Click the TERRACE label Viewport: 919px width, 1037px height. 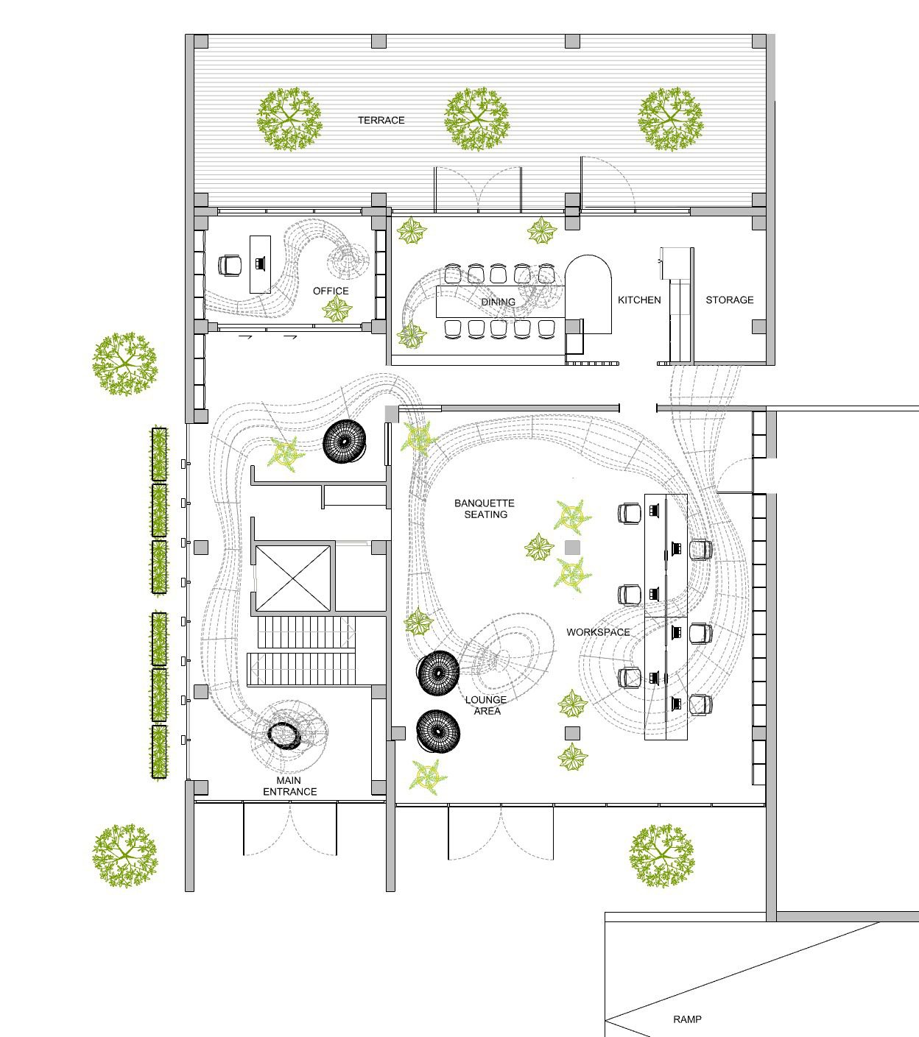pos(381,120)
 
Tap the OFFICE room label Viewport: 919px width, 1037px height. pos(331,291)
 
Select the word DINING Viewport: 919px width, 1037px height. pos(498,302)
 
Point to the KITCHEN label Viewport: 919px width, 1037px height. pos(639,300)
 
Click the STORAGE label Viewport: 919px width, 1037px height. pos(730,300)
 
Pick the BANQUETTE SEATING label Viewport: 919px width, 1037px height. pos(485,509)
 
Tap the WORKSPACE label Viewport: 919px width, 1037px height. pos(599,632)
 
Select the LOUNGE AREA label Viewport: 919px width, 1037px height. pos(486,705)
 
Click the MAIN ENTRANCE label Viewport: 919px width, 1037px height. pos(289,786)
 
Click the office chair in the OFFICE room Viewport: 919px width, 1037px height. pos(230,266)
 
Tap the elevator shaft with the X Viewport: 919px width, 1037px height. pos(293,578)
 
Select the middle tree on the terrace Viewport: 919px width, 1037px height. pos(477,119)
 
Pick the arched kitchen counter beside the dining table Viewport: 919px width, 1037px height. pos(588,294)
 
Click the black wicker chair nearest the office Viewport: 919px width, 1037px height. pos(344,442)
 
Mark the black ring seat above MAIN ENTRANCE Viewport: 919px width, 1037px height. pos(284,736)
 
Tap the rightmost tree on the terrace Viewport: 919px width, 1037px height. pos(671,119)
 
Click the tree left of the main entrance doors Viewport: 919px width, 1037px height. pos(125,856)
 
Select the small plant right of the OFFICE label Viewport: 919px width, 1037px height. pos(337,310)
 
